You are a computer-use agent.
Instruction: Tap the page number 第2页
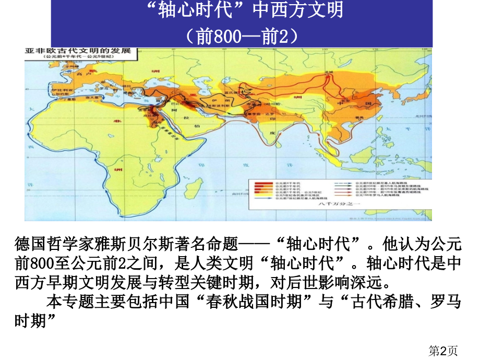(x=443, y=351)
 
